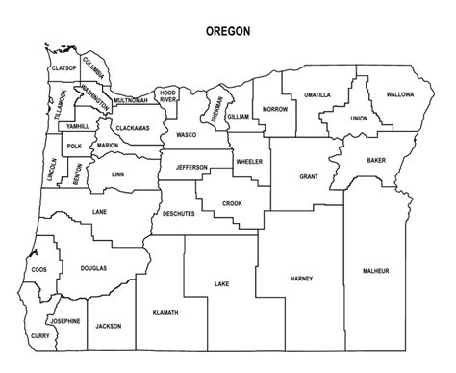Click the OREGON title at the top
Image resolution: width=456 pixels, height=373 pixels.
tap(229, 31)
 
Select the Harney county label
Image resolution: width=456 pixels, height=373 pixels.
tap(301, 279)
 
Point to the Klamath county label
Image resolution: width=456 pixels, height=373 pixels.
tap(165, 313)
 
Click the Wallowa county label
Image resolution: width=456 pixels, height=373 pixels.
tap(400, 95)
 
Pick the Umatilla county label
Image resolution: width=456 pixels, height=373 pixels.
tap(317, 95)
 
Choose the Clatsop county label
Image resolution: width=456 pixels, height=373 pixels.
tap(63, 68)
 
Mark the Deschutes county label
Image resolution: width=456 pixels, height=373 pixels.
tap(179, 213)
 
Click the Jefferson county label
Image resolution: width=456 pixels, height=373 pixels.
tap(191, 167)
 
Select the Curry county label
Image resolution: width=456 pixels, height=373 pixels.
tap(39, 335)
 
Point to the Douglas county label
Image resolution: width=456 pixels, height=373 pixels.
tap(93, 268)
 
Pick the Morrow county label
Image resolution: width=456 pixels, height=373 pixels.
tap(275, 109)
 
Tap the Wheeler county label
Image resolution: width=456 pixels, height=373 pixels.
tap(248, 162)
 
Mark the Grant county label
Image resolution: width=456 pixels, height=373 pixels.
tap(309, 177)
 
